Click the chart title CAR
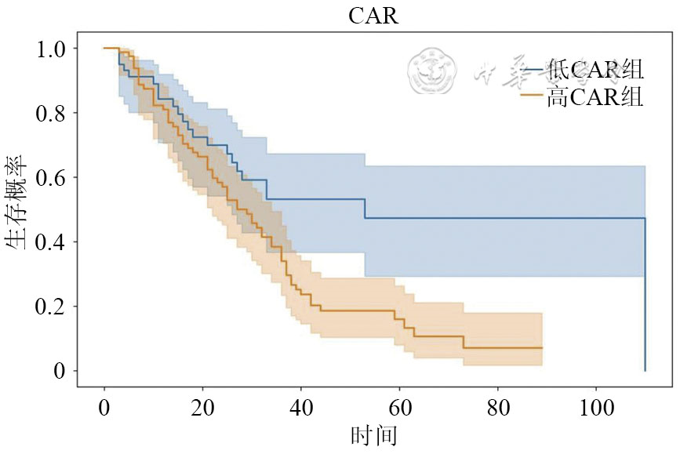coord(373,16)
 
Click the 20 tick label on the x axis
coord(202,407)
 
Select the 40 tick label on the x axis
coord(300,407)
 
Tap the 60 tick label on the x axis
coord(399,407)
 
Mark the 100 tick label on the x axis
coord(595,407)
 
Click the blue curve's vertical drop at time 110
coord(645,298)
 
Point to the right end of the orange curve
coord(541,347)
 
